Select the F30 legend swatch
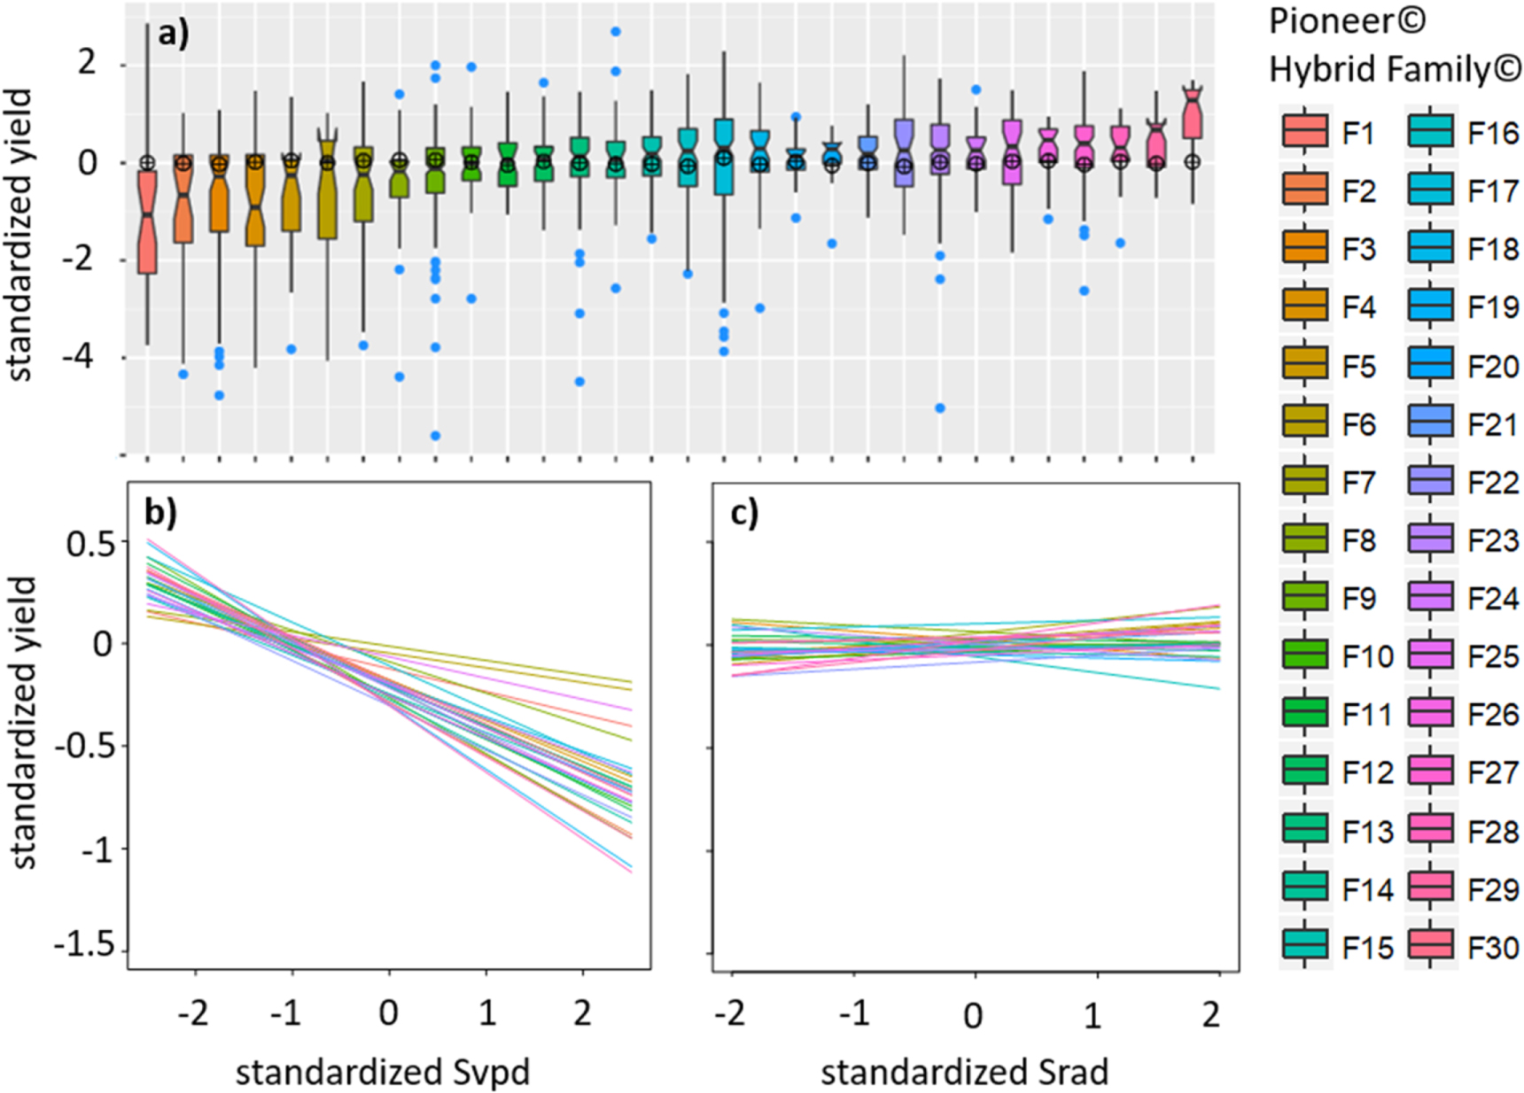[x=1430, y=948]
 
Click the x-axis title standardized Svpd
[x=383, y=1073]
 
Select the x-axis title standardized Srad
[x=964, y=1073]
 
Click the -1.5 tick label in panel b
[x=85, y=947]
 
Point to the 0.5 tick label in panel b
[x=90, y=543]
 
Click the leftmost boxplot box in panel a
[x=147, y=221]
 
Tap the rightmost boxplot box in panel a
[x=1193, y=115]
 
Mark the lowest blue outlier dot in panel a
[x=436, y=436]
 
